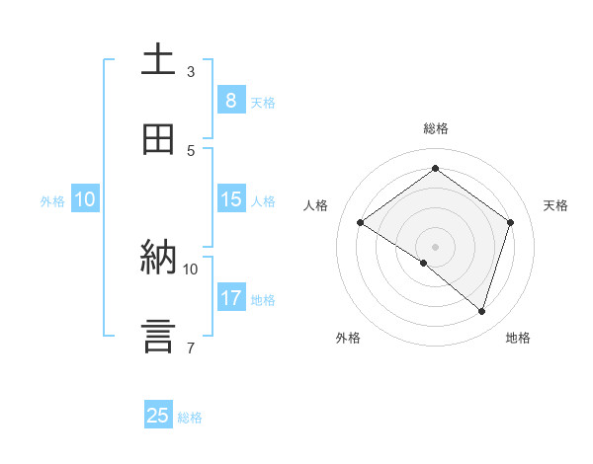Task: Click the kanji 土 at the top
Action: (x=158, y=59)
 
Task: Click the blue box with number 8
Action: (x=230, y=101)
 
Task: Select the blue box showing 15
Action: (x=230, y=199)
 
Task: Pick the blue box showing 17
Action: (x=230, y=298)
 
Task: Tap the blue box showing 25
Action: (x=158, y=416)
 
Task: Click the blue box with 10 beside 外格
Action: (x=85, y=199)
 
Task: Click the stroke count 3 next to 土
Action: (x=191, y=71)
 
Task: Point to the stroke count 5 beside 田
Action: (x=191, y=150)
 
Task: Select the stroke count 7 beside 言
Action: (x=191, y=348)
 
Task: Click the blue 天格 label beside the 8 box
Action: (x=263, y=102)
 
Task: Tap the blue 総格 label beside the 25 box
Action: (x=190, y=417)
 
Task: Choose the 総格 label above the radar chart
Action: (x=435, y=128)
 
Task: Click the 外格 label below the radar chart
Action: (x=348, y=338)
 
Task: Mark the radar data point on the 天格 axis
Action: (x=511, y=222)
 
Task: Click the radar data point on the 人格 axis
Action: (x=360, y=222)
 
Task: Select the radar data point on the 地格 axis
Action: (x=482, y=311)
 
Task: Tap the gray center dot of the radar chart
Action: (x=435, y=246)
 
